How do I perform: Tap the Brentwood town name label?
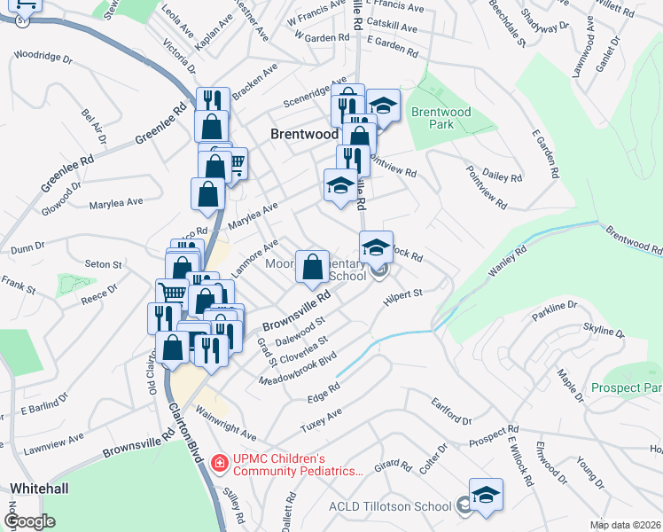(304, 134)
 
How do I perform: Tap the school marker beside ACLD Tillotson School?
(486, 496)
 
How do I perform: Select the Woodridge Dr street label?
(43, 57)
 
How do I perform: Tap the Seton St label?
(103, 264)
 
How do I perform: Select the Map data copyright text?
(626, 525)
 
